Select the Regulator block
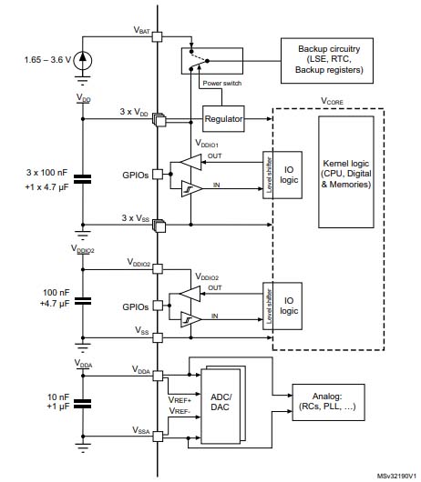click(x=223, y=119)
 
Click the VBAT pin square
click(x=157, y=37)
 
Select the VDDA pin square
click(x=157, y=375)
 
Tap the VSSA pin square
click(x=157, y=437)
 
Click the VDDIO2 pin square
click(x=157, y=268)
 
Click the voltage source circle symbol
click(x=84, y=60)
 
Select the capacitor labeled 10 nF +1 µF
click(x=84, y=400)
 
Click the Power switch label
click(x=222, y=85)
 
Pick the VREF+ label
click(x=180, y=399)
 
